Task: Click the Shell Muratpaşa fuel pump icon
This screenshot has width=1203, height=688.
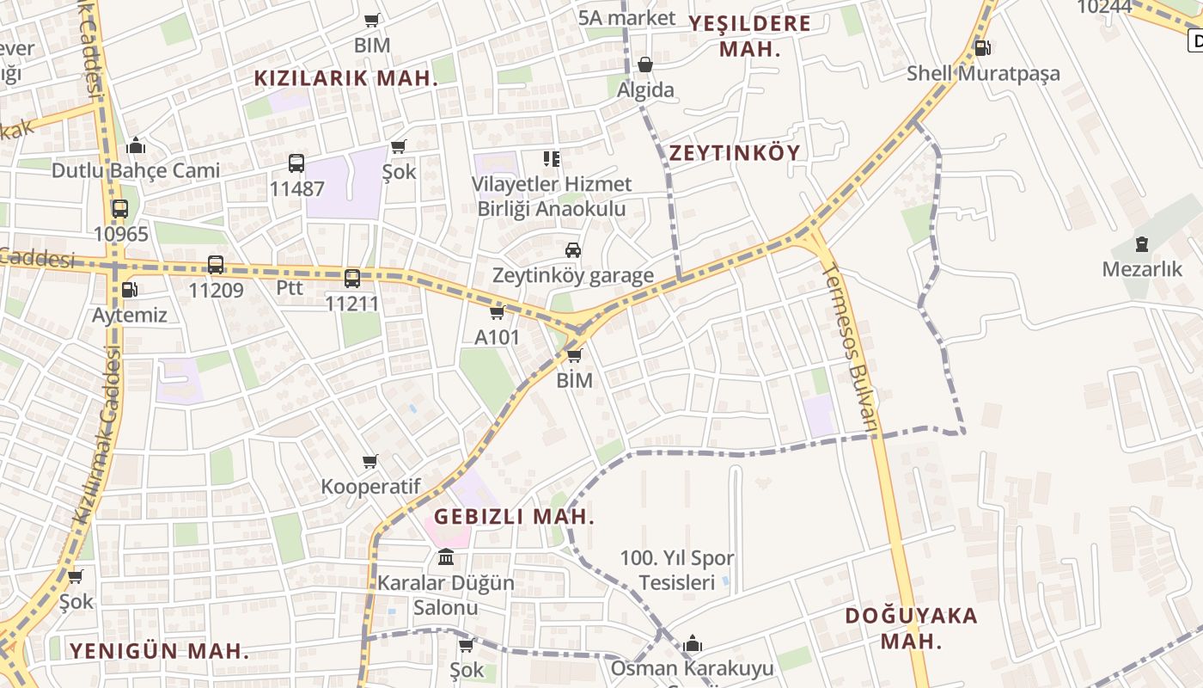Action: (x=982, y=48)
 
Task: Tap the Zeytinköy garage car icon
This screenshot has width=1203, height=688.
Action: (x=573, y=250)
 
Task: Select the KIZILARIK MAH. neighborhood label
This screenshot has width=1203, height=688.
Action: (x=346, y=78)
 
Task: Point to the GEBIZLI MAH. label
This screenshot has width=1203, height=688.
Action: (x=514, y=517)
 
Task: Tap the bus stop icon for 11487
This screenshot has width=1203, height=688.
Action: (x=296, y=163)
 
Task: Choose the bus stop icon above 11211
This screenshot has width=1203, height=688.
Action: (x=352, y=278)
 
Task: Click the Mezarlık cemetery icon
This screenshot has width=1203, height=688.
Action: (x=1142, y=244)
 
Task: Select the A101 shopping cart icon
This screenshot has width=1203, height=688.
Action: (x=497, y=312)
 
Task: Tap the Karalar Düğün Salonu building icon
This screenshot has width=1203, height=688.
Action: (x=446, y=558)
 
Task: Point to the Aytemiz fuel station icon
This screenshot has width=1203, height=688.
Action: (x=129, y=290)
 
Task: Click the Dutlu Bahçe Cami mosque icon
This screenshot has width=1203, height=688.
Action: (x=135, y=145)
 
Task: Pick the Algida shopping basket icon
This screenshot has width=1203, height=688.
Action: (x=645, y=64)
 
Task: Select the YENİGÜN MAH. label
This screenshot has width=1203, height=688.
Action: (x=160, y=651)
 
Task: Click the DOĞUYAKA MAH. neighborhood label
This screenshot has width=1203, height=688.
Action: (x=911, y=628)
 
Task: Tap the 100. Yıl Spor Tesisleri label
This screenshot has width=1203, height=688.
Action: (x=677, y=570)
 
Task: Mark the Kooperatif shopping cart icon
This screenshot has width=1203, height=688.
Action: (x=370, y=462)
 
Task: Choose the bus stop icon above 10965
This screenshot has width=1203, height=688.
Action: (x=120, y=209)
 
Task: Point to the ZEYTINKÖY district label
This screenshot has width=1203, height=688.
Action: (x=735, y=153)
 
